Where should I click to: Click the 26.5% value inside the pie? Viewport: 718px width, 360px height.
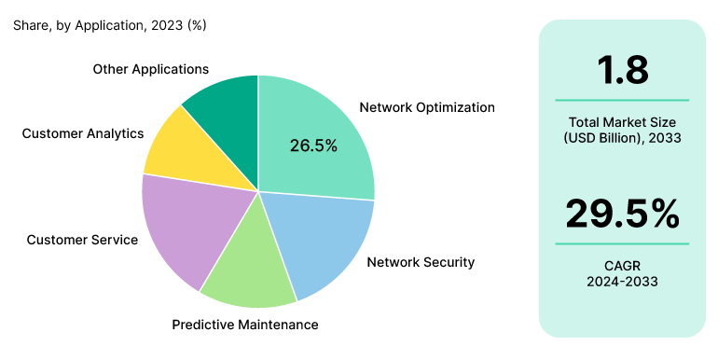point(313,145)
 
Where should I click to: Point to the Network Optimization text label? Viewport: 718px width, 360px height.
point(427,107)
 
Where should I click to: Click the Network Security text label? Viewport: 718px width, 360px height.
point(421,262)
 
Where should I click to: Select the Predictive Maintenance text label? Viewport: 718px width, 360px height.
point(245,325)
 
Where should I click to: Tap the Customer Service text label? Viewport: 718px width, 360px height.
point(82,240)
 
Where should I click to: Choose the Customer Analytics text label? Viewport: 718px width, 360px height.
point(83,133)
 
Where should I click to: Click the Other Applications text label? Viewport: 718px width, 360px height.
point(151,69)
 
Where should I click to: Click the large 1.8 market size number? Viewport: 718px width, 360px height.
point(622,71)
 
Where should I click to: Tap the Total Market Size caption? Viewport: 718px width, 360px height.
point(622,122)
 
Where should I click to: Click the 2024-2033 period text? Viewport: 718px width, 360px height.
point(622,281)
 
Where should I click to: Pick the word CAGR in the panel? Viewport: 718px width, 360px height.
point(622,265)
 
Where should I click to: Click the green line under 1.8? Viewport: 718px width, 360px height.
point(622,100)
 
